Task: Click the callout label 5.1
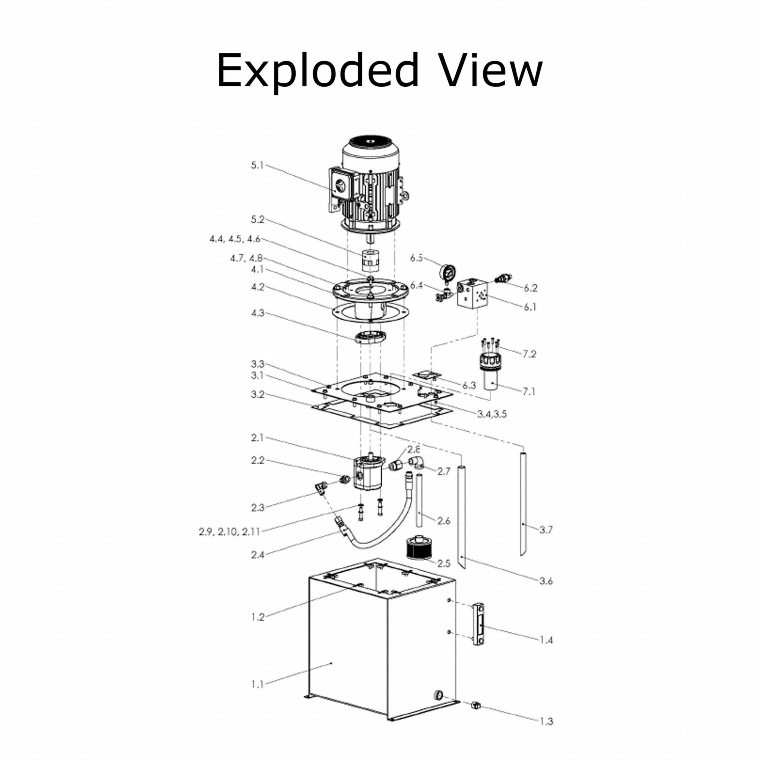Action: click(x=257, y=165)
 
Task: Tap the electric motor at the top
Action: click(x=368, y=185)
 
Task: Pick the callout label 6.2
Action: click(x=530, y=288)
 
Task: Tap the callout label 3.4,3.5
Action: click(x=492, y=414)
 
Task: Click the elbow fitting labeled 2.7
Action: click(x=416, y=462)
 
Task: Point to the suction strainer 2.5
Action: click(x=417, y=548)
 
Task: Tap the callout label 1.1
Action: click(x=257, y=684)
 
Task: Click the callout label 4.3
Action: click(x=258, y=313)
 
